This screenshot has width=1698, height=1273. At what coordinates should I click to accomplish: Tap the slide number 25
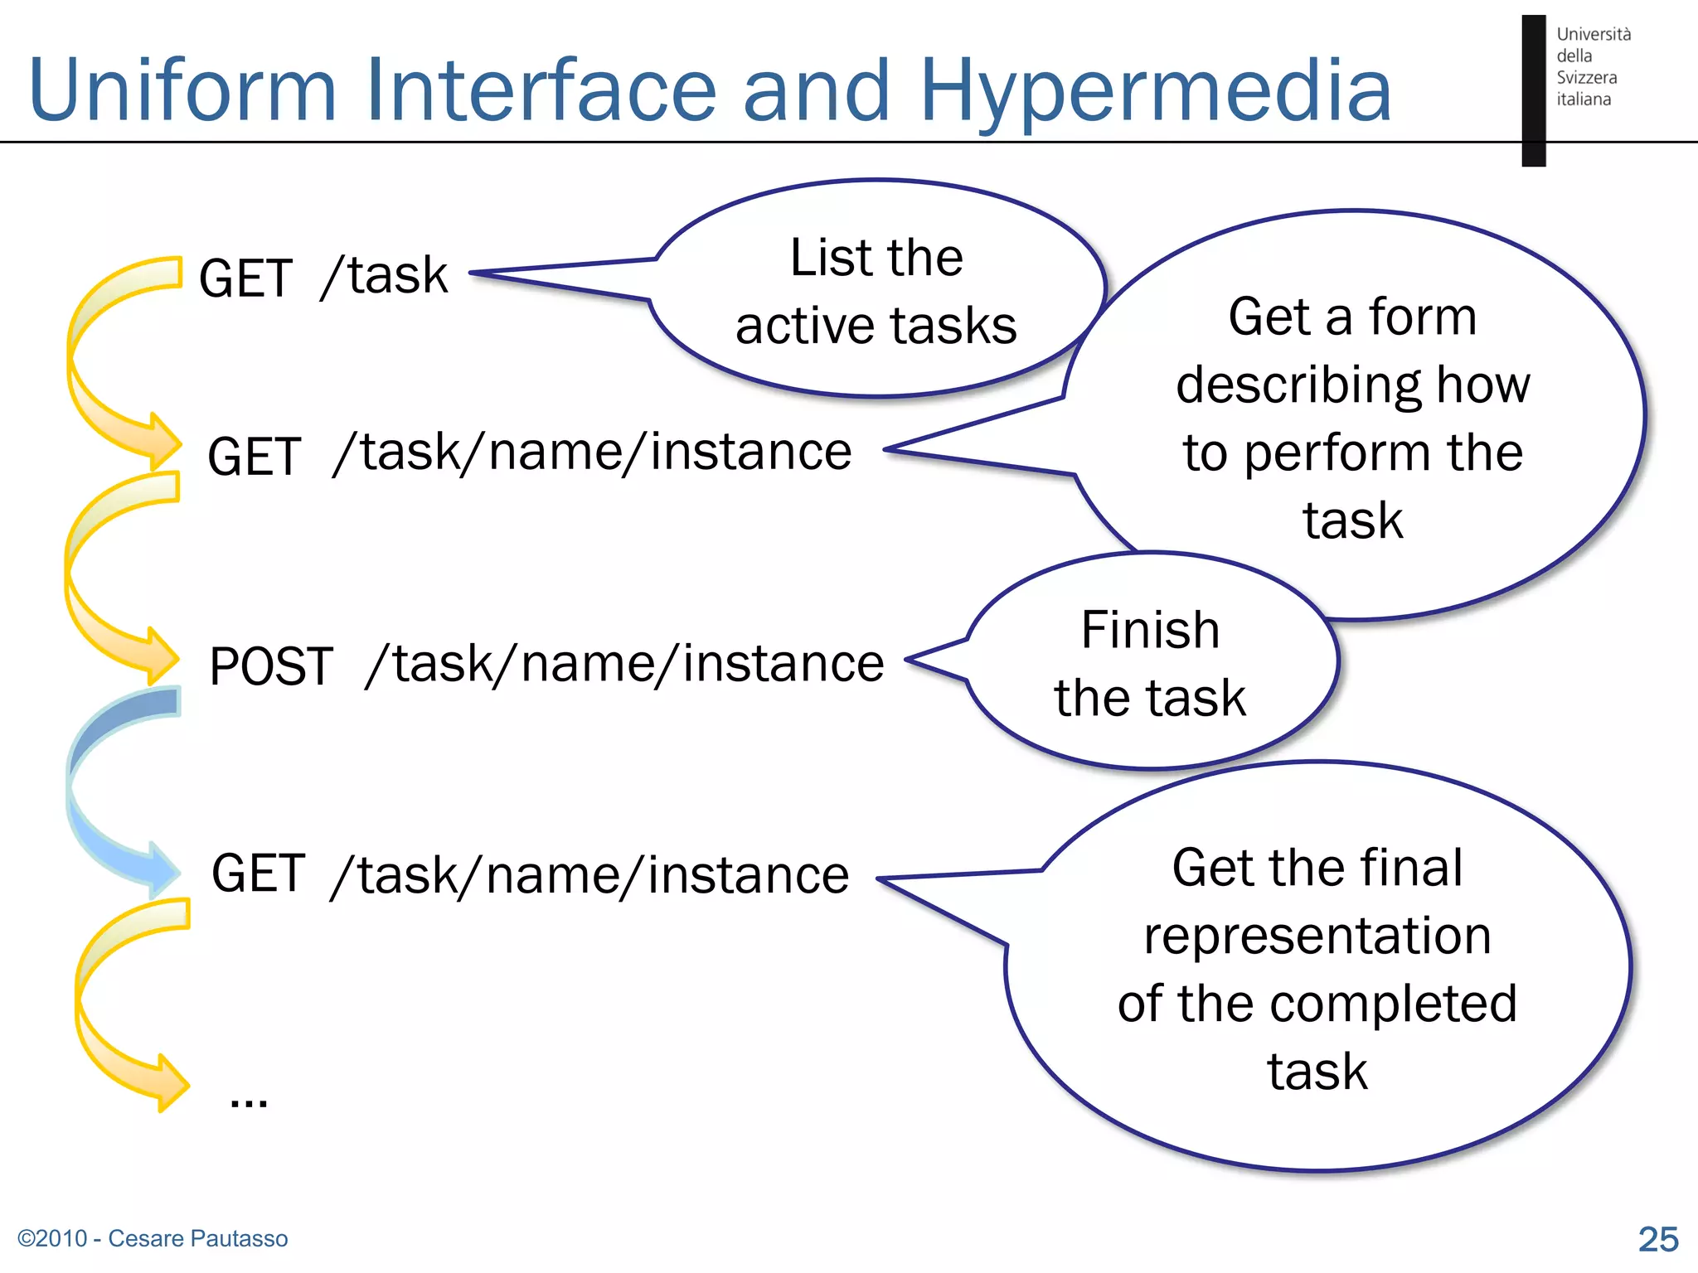[1657, 1239]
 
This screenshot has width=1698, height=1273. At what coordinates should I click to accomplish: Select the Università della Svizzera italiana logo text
[1592, 66]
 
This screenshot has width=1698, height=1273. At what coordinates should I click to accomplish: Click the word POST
[271, 666]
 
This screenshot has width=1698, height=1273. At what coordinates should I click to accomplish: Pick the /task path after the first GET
[385, 276]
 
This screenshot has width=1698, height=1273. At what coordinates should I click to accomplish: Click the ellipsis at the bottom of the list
[248, 1101]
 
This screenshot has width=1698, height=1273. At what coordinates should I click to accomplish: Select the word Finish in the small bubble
[1150, 630]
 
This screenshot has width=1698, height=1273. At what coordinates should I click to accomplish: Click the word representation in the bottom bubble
[1317, 937]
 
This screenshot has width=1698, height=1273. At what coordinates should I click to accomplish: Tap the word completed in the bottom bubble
[1393, 1004]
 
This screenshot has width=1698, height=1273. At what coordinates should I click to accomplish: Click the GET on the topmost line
[245, 278]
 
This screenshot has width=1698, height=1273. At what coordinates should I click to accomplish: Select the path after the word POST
[624, 665]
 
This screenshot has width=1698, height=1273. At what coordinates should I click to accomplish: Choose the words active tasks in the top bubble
[876, 326]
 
